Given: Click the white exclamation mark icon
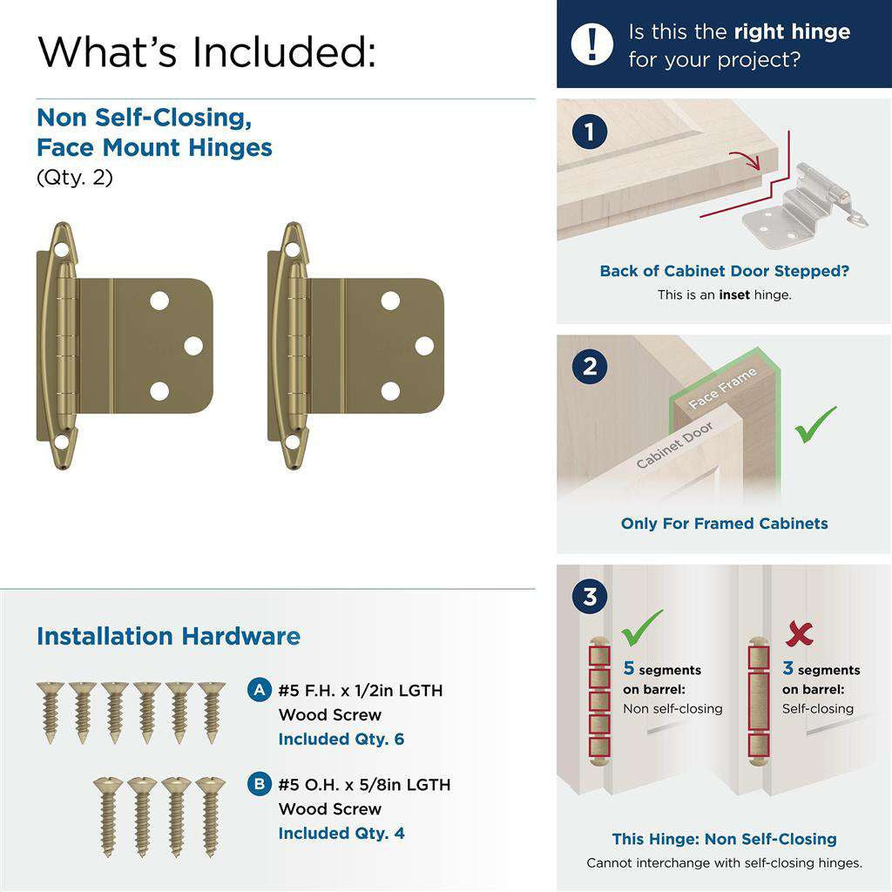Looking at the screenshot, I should tap(592, 44).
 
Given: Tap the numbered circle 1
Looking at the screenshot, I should tap(591, 132).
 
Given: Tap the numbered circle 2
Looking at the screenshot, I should tap(591, 367).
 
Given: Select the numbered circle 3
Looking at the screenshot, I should tap(591, 598).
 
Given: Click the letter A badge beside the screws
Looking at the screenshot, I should tap(259, 691).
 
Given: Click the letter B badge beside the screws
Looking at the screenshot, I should tap(259, 784).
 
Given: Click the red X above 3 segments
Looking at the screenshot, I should tap(799, 633).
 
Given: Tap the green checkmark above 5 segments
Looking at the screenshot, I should tap(641, 626).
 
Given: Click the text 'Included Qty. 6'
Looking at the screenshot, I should tap(341, 739).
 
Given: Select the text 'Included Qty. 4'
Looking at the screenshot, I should tap(341, 833).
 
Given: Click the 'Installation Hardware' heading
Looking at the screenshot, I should tap(168, 636).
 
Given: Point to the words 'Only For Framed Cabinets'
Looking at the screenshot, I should tap(724, 524).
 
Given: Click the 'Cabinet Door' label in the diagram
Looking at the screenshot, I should tap(675, 444).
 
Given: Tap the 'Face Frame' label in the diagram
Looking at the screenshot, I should tap(722, 389).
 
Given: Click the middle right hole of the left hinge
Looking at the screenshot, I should tap(193, 346).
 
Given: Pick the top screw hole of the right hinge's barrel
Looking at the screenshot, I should tap(292, 250).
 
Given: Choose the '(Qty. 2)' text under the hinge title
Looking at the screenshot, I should tap(75, 178).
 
